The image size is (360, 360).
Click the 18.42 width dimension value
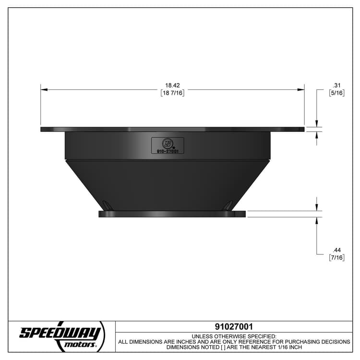click(x=172, y=85)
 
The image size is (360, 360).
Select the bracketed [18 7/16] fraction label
click(x=172, y=93)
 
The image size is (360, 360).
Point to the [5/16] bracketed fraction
click(x=336, y=93)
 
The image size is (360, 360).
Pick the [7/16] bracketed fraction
click(x=336, y=258)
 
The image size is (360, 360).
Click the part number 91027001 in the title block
click(x=234, y=327)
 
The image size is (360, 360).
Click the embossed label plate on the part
click(x=168, y=145)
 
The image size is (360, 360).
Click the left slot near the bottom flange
click(x=108, y=206)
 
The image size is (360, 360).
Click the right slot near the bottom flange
click(x=228, y=206)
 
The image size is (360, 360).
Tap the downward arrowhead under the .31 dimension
click(x=316, y=123)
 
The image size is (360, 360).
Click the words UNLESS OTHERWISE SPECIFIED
click(x=234, y=336)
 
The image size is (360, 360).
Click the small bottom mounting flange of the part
click(x=172, y=214)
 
